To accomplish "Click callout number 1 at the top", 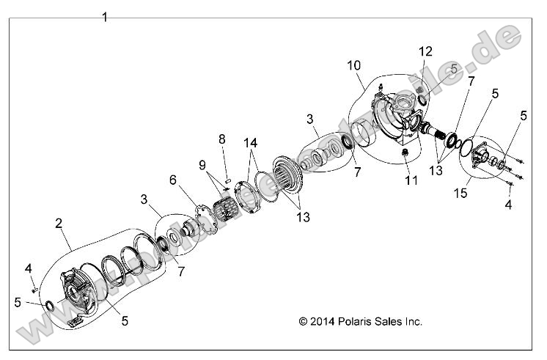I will [105, 17].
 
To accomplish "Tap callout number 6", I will [173, 179].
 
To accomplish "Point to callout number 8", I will [221, 139].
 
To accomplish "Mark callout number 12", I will [426, 51].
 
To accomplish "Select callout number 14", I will [251, 142].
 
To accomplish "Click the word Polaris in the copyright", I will [354, 321].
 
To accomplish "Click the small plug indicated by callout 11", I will [403, 152].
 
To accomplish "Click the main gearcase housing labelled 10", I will [396, 117].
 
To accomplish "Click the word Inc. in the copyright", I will [411, 321].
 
